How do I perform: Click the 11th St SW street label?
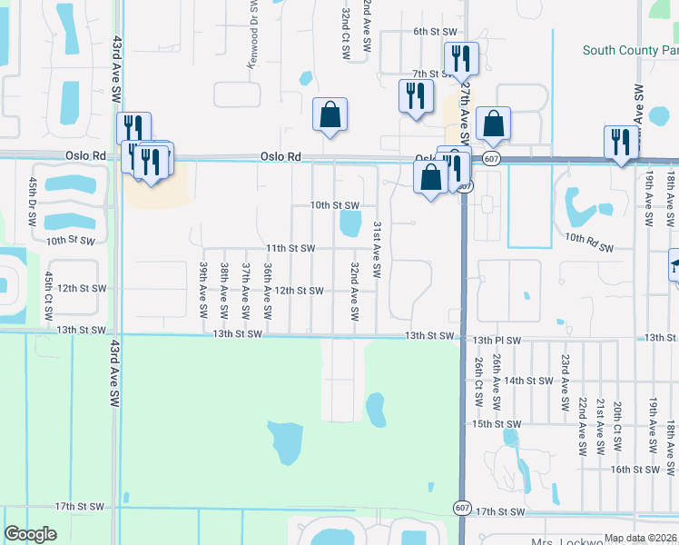coord(290,248)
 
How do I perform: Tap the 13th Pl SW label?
coord(496,341)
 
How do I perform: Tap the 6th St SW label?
coord(433,31)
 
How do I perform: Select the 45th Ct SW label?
coord(47,292)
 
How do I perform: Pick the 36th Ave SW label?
coord(268,291)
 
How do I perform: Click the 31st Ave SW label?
coord(376,248)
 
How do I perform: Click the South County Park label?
coord(631,51)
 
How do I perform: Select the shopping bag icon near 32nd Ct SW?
coord(330,115)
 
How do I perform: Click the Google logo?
coord(30,534)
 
